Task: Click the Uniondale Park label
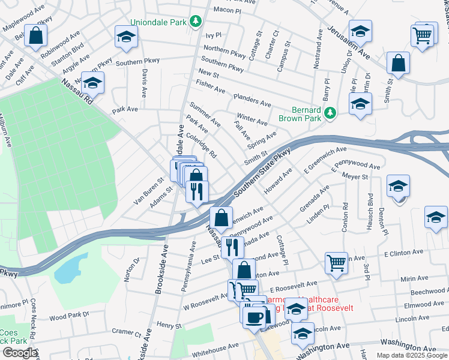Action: [x=159, y=23]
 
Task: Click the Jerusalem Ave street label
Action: [x=349, y=43]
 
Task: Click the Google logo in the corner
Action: [x=19, y=353]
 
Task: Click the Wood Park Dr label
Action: [x=69, y=315]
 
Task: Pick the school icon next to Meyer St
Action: [x=398, y=186]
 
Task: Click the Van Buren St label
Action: [x=148, y=190]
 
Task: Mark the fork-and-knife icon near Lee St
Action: [x=232, y=246]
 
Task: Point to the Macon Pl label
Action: [x=226, y=10]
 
